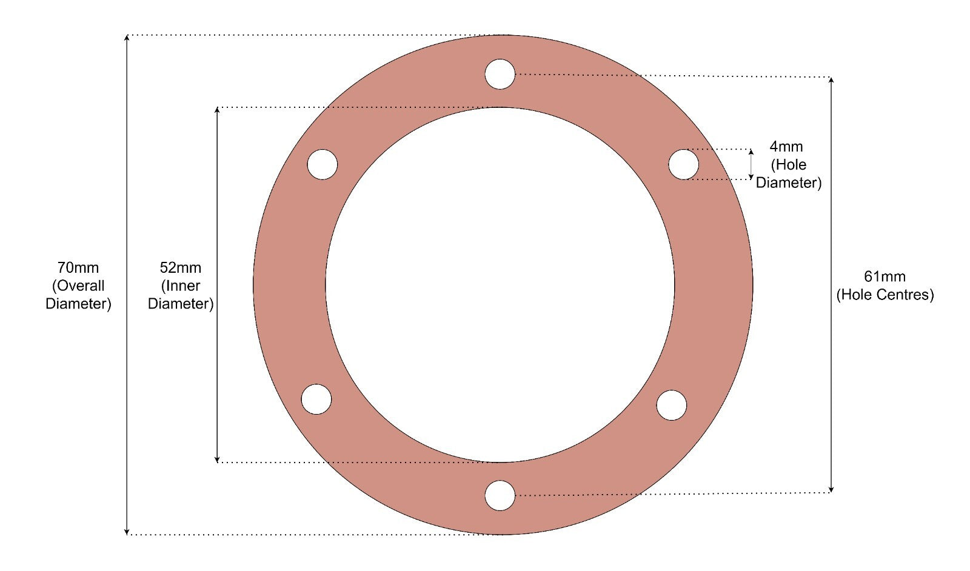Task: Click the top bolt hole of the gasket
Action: click(x=500, y=74)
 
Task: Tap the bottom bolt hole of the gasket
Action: click(x=500, y=495)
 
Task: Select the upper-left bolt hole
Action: click(x=323, y=164)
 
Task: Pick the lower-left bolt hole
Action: click(x=316, y=399)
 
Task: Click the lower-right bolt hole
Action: click(x=672, y=405)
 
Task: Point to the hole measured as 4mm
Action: click(x=684, y=164)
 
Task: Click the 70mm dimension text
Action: click(x=78, y=267)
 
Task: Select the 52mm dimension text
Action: click(x=180, y=267)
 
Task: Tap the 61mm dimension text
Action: click(x=885, y=276)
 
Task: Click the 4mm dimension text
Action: click(x=786, y=146)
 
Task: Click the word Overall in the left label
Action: click(x=79, y=285)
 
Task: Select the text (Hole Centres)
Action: click(x=885, y=295)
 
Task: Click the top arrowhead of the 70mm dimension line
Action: click(x=127, y=38)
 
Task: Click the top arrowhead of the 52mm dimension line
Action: click(x=217, y=110)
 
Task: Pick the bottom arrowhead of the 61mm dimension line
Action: click(x=831, y=489)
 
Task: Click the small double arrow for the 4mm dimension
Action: click(x=751, y=164)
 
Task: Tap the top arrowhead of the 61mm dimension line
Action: click(x=831, y=80)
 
